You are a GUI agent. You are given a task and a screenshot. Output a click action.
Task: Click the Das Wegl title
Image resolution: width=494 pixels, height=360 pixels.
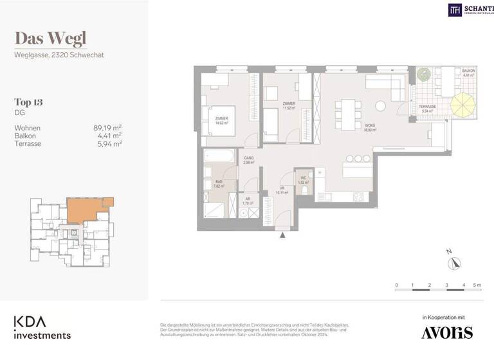(x=50, y=39)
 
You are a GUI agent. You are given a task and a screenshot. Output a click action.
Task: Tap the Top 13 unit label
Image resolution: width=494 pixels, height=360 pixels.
(x=28, y=102)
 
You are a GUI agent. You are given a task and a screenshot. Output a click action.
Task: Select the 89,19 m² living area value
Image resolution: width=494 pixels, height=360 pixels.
(x=107, y=127)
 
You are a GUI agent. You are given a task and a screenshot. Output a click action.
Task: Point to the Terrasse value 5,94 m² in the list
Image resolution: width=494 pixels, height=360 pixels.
(x=107, y=143)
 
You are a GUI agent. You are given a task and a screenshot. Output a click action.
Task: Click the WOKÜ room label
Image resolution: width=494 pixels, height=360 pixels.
(x=370, y=126)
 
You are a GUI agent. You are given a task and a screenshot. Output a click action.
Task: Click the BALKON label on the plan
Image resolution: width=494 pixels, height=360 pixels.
(x=468, y=71)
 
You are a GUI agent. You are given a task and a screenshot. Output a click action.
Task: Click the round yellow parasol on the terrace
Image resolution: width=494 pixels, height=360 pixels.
(x=462, y=105)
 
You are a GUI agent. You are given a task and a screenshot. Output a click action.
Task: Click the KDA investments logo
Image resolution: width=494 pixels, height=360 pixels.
(x=42, y=327)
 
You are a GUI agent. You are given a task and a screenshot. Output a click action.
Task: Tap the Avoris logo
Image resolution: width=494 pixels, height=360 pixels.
(x=446, y=332)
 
